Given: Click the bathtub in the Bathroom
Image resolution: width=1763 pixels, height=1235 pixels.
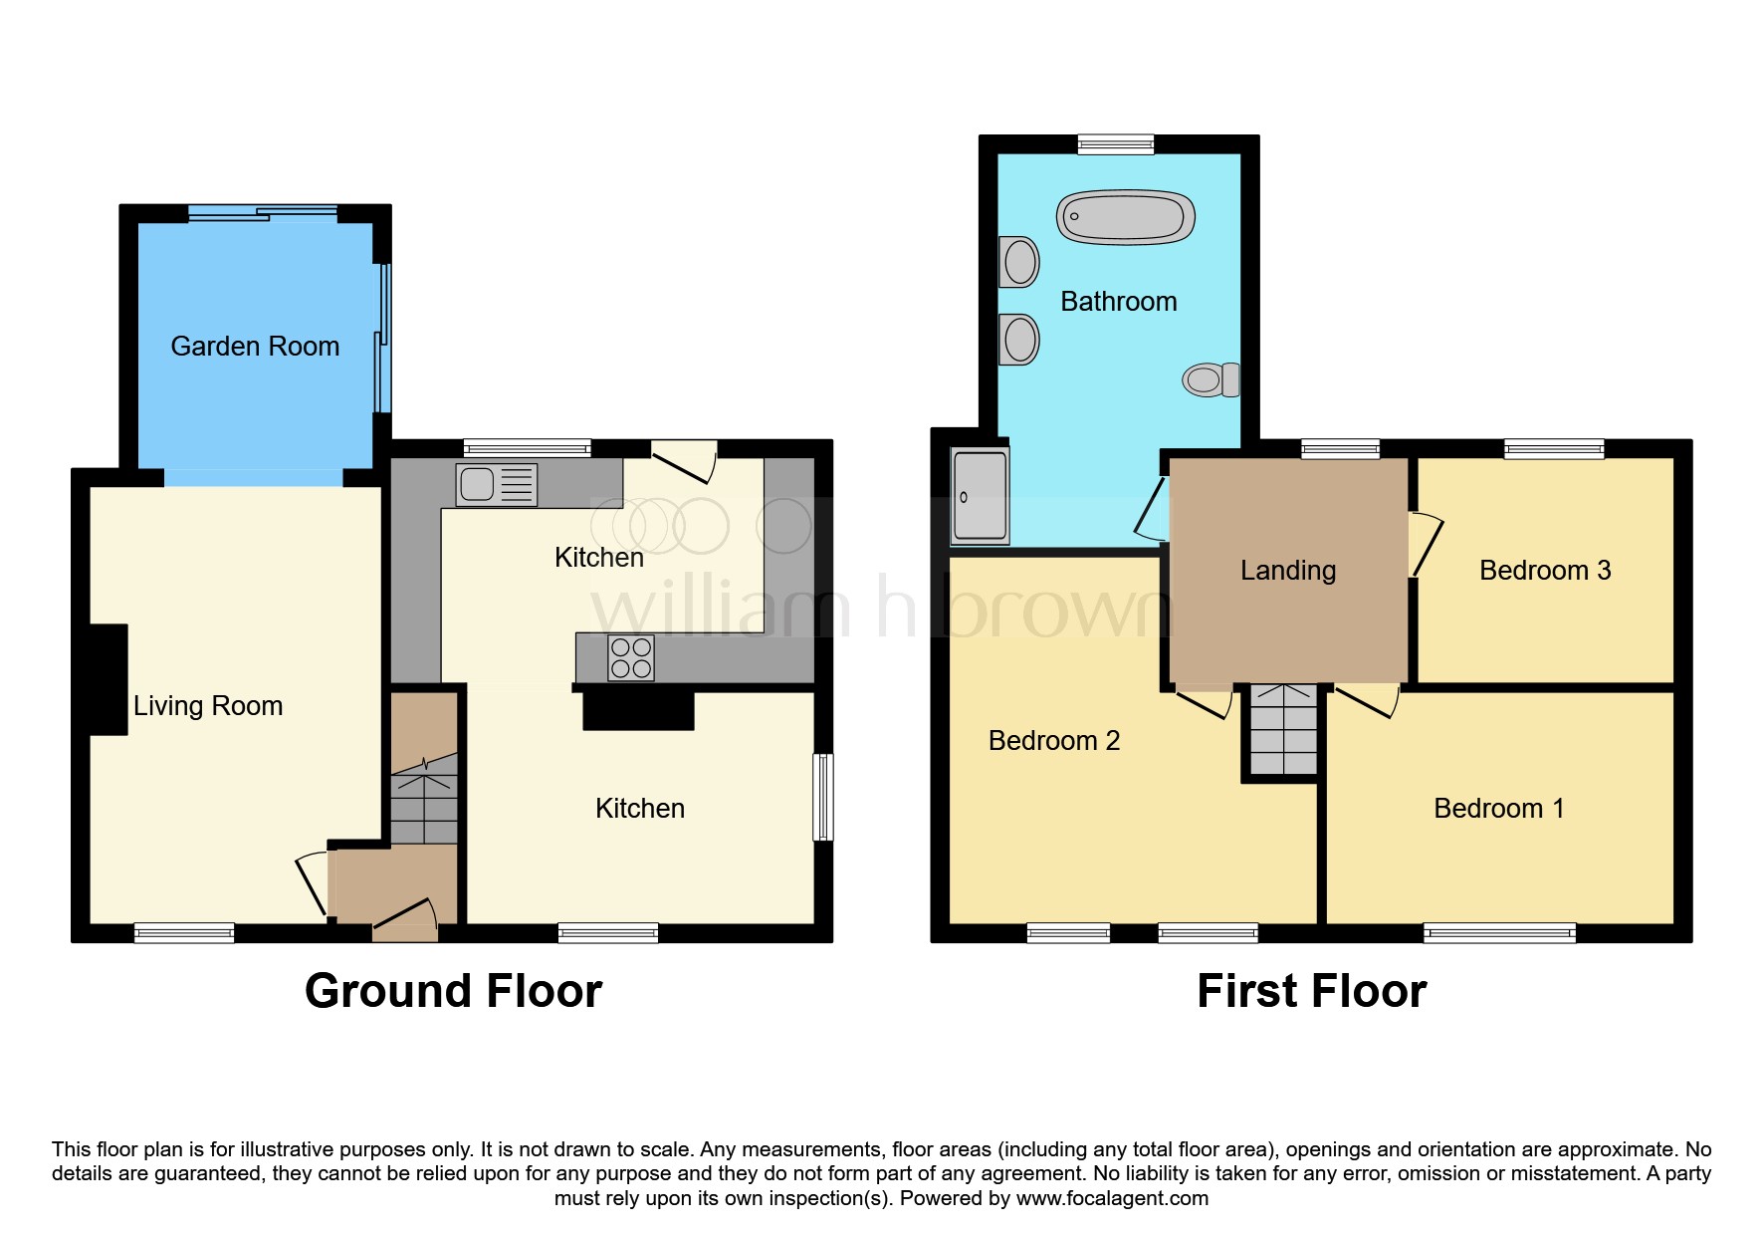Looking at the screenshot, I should [x=1125, y=217].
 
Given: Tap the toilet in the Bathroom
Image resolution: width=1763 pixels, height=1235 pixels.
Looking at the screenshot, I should [x=1211, y=379].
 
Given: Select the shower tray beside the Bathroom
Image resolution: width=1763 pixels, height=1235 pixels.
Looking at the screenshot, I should [x=980, y=496].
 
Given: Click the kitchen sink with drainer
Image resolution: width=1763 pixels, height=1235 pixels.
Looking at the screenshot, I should [x=497, y=485].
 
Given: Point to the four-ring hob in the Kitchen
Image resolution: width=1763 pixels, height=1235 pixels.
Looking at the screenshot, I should [x=631, y=658].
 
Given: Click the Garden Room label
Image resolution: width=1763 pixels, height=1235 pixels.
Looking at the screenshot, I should [x=255, y=347].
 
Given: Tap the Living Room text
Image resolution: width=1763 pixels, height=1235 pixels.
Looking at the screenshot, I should [x=208, y=706].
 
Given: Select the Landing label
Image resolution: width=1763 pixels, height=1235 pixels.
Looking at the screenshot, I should [x=1287, y=571].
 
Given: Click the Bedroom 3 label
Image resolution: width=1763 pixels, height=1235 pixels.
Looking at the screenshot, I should [x=1544, y=571].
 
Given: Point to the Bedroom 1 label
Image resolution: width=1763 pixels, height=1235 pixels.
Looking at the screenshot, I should [x=1498, y=809].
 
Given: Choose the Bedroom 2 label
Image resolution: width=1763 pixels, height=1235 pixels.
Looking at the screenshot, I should [x=1053, y=741].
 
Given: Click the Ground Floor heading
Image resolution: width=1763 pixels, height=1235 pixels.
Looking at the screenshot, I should [x=453, y=991].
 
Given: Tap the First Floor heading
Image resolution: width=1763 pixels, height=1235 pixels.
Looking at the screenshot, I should [x=1311, y=991].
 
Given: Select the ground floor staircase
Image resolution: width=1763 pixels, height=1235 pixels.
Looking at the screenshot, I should [x=424, y=798].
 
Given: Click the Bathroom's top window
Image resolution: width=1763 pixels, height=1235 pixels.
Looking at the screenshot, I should [x=1115, y=144].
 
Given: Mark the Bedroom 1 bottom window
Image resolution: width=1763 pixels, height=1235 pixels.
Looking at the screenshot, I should [x=1498, y=933].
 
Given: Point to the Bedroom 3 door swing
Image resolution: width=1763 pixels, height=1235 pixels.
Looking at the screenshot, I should [x=1426, y=544].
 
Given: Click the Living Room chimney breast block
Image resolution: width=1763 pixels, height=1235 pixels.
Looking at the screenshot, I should [x=109, y=680].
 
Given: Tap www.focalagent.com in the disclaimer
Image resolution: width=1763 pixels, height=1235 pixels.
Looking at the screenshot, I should [x=1111, y=1198].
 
